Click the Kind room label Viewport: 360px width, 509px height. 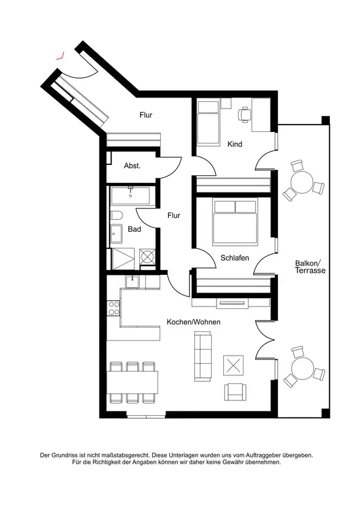point(235,144)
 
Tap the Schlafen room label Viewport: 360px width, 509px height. point(235,258)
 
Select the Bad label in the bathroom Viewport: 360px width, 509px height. point(134,229)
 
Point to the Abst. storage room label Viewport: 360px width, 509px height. point(132,166)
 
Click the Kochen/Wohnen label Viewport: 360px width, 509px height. point(193,322)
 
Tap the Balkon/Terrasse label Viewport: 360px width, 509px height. point(310,267)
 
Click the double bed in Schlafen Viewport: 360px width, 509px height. point(235,223)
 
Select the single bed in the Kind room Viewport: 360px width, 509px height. point(208,122)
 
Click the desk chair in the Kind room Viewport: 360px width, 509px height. point(245,115)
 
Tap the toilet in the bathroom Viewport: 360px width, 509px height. point(116,215)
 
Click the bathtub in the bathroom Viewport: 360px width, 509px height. point(130,196)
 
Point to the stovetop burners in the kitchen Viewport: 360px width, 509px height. point(113,308)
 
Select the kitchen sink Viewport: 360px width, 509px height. point(132,281)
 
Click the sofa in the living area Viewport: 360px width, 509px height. point(202,356)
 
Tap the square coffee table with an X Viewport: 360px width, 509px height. point(233,366)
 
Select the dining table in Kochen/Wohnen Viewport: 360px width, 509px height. point(132,383)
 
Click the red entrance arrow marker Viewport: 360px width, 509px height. point(60,56)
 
